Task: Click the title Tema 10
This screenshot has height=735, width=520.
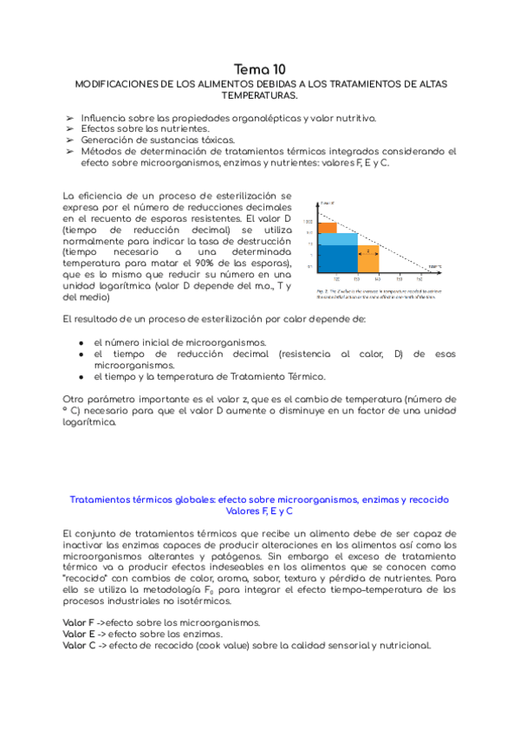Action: click(260, 68)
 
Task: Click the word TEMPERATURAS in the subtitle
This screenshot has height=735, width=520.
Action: click(260, 94)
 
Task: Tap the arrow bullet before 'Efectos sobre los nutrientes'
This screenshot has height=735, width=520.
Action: click(69, 127)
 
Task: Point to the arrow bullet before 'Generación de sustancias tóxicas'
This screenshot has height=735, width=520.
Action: click(69, 139)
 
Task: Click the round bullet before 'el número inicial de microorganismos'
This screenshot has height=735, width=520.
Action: click(81, 342)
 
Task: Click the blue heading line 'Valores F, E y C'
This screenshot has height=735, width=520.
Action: click(259, 511)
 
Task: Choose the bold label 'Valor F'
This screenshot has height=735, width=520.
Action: click(79, 622)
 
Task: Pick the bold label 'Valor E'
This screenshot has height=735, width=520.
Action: click(79, 634)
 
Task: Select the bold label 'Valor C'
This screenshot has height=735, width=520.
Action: click(79, 645)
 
